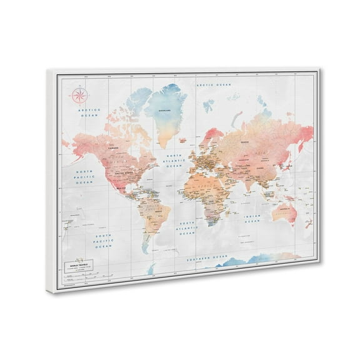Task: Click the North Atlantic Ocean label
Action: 175,161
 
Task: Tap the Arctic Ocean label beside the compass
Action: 87,112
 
